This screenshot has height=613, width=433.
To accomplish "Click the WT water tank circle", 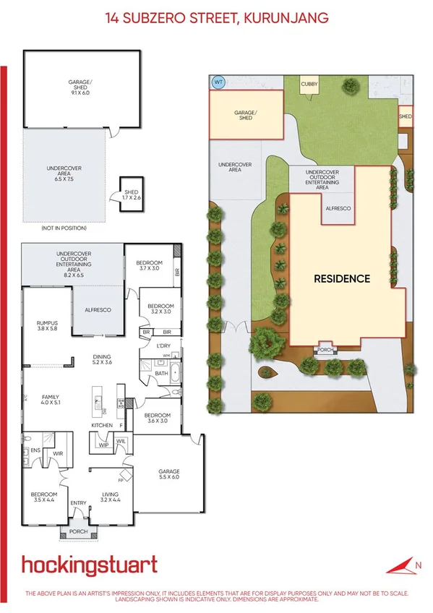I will (218, 82).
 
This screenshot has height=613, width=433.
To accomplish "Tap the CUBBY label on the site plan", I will (309, 85).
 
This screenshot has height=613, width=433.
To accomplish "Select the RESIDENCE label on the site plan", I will (341, 278).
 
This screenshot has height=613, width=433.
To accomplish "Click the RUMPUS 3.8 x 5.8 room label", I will (47, 326).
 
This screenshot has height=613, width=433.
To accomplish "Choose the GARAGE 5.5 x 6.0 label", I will (168, 473).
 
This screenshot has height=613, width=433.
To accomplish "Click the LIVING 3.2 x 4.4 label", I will (110, 495).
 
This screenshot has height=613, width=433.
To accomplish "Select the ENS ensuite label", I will (35, 450).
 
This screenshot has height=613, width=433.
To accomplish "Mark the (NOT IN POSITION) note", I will (64, 228).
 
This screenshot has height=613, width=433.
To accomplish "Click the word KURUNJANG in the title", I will (287, 16).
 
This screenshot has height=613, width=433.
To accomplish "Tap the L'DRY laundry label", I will (164, 346).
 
